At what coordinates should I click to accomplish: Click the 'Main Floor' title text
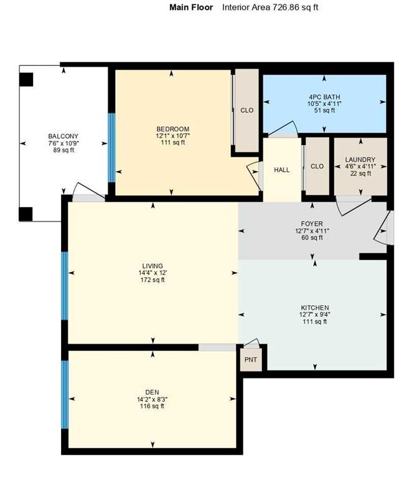click(x=191, y=7)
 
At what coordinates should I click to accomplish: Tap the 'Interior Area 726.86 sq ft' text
click(x=270, y=7)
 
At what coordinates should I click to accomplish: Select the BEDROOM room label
click(x=172, y=129)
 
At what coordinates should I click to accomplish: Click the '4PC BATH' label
click(x=324, y=96)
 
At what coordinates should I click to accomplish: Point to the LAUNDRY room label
click(x=360, y=159)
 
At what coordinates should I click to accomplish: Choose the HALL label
click(x=282, y=169)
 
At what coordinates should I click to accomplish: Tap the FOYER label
click(x=312, y=223)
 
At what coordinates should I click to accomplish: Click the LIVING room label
click(x=152, y=266)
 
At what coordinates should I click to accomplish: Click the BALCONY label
click(x=63, y=136)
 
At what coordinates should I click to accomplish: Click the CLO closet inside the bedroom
click(x=247, y=110)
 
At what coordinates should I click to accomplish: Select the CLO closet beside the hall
click(x=317, y=166)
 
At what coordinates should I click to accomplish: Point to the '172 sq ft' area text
click(x=152, y=280)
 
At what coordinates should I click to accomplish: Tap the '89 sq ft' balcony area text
click(x=63, y=151)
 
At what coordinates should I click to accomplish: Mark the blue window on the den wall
click(x=64, y=395)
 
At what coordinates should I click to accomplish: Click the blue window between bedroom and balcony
click(x=112, y=147)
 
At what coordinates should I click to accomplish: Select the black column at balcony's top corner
click(x=26, y=80)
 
